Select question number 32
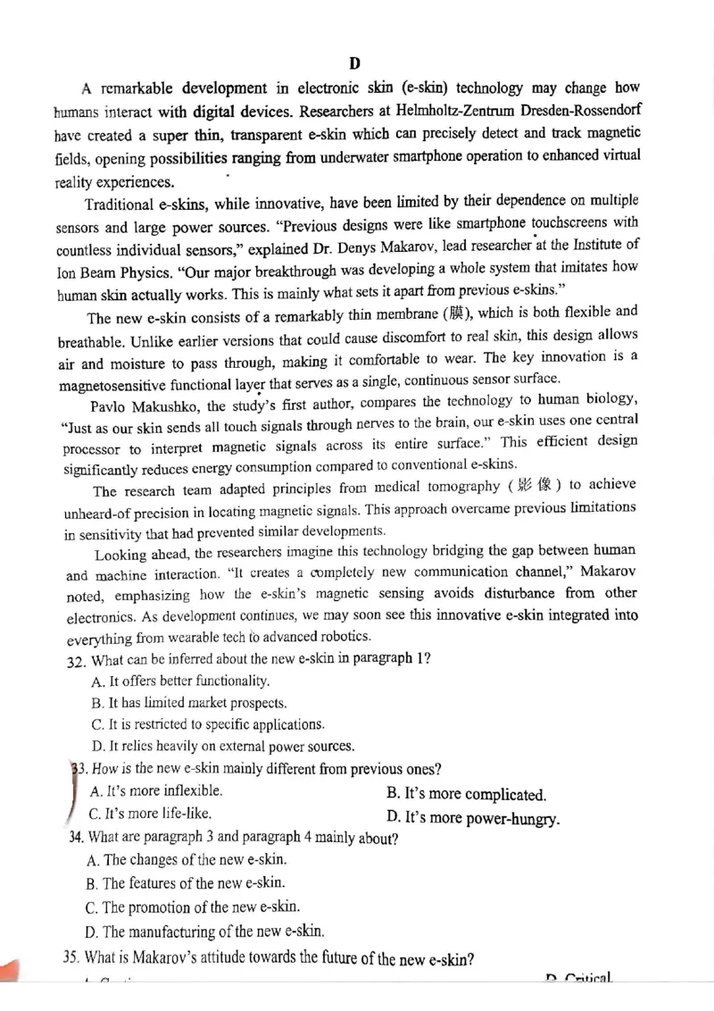point(75,659)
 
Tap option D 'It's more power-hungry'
point(473,816)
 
